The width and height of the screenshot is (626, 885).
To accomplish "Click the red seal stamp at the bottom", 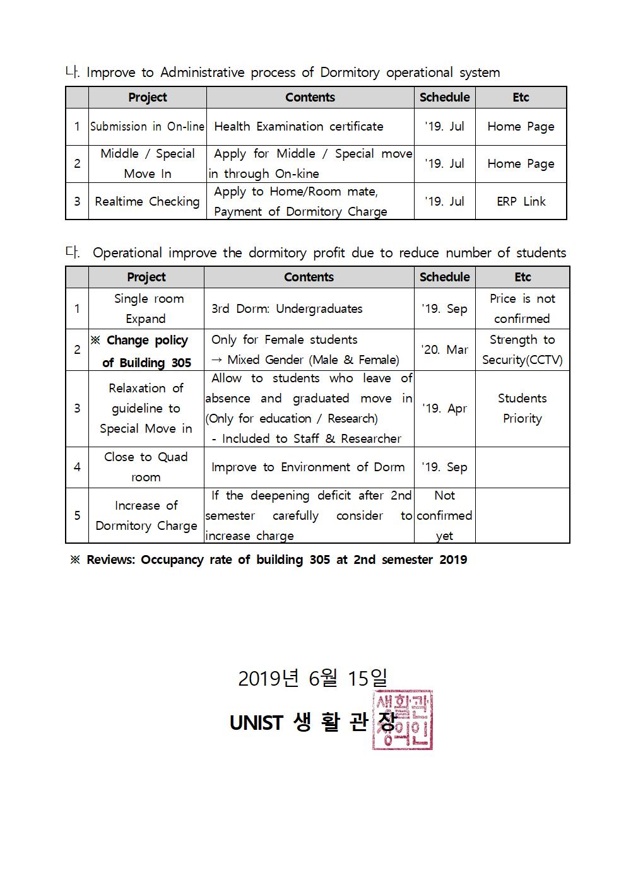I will [x=402, y=720].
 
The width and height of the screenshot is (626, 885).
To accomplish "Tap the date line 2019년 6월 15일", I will [x=313, y=678].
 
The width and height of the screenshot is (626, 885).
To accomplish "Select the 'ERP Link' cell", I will [x=521, y=201].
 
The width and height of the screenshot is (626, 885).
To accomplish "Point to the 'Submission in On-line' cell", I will [x=147, y=126].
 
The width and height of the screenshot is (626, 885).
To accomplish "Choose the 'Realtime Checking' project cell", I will [x=147, y=201].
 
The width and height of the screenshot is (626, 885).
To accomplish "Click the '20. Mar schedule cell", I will [x=444, y=349].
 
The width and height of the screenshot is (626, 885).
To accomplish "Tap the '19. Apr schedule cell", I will [x=444, y=408].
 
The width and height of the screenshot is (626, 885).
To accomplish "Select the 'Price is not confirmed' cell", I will [x=522, y=308].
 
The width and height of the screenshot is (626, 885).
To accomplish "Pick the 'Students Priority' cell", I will [x=522, y=408].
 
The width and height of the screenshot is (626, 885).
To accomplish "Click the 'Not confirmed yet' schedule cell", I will [x=444, y=515].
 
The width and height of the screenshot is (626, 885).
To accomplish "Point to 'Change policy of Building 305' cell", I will [x=146, y=351].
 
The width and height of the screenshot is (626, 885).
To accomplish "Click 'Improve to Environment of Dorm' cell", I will [x=308, y=467].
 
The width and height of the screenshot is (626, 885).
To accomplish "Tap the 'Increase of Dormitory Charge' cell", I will [x=146, y=515].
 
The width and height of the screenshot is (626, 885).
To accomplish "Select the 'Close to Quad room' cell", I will [x=146, y=467].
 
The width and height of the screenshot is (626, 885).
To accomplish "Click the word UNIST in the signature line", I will [x=256, y=723].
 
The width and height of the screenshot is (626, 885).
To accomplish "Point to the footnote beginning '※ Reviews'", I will [x=268, y=560].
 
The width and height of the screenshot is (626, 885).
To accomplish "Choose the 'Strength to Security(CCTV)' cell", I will [x=522, y=349].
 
